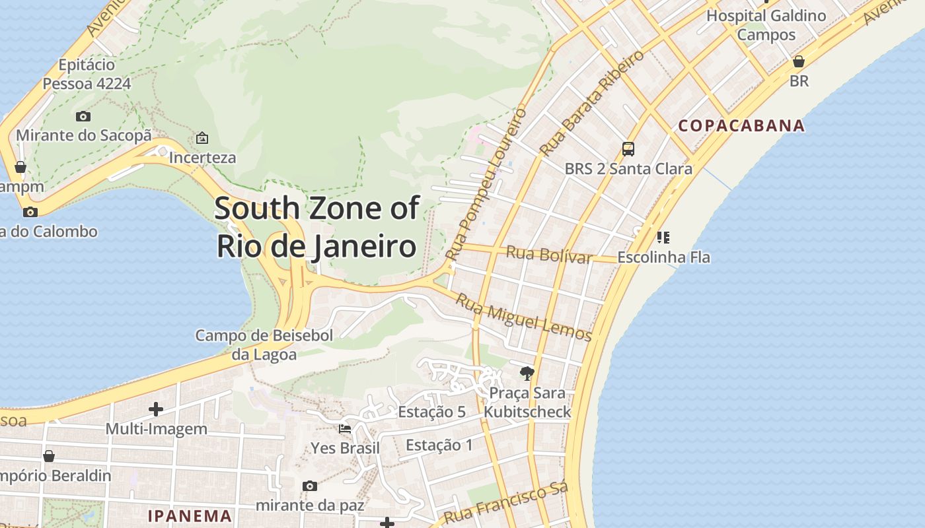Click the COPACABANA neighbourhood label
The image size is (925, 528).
click(741, 125)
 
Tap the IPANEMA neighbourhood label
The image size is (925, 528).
click(190, 515)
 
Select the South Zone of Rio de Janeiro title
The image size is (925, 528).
click(317, 227)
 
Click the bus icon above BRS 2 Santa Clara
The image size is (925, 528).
click(628, 149)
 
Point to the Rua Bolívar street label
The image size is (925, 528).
click(548, 254)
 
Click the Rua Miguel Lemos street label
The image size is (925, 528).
click(523, 317)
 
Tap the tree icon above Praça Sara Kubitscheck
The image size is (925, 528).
click(527, 374)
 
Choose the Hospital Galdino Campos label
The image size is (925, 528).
click(766, 24)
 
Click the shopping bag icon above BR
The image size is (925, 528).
click(799, 61)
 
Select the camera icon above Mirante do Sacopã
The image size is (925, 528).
click(83, 116)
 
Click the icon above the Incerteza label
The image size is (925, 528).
click(202, 138)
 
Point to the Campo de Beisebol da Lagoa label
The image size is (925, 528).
click(264, 345)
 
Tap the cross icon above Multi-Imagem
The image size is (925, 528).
click(156, 409)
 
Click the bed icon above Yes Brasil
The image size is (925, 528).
click(345, 429)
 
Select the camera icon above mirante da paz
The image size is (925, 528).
click(309, 486)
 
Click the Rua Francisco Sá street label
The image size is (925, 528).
click(506, 503)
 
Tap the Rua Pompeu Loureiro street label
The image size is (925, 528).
click(486, 185)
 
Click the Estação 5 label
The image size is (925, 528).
click(431, 412)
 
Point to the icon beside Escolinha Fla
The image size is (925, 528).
click(663, 237)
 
